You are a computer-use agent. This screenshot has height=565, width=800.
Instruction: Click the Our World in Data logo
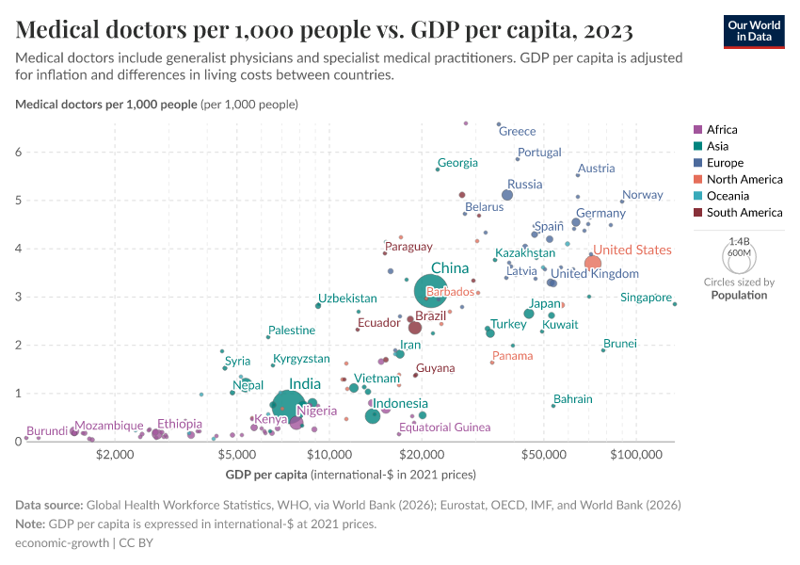[754, 31]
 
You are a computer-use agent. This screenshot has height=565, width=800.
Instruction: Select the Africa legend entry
[721, 130]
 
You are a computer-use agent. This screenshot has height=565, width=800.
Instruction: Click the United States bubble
[592, 263]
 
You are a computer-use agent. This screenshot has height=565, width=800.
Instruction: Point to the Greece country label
[517, 132]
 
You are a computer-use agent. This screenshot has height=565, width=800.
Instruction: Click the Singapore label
[646, 298]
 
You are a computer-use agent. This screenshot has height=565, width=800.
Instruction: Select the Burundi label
[46, 431]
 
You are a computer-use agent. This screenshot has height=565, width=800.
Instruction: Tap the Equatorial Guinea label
[444, 428]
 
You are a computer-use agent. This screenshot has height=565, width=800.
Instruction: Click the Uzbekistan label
[347, 299]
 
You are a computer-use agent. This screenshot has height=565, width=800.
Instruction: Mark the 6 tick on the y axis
[18, 152]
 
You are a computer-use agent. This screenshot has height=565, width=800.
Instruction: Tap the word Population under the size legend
[739, 295]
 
